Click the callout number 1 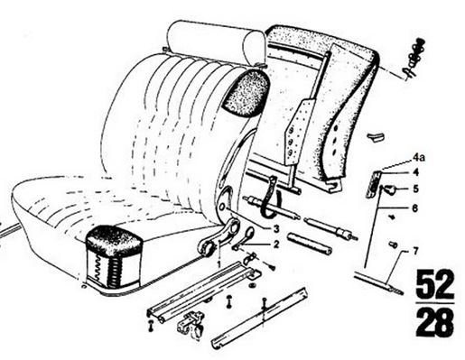click(x=219, y=264)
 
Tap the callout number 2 click(x=276, y=244)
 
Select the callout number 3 click(x=276, y=229)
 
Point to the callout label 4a click(x=419, y=157)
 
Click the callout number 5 click(x=415, y=189)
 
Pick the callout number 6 click(x=415, y=208)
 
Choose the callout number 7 click(x=415, y=251)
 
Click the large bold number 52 click(x=435, y=284)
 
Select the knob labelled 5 click(x=390, y=189)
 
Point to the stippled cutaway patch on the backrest click(x=246, y=93)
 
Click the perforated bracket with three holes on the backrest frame click(x=296, y=133)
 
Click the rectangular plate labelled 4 click(x=373, y=184)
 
